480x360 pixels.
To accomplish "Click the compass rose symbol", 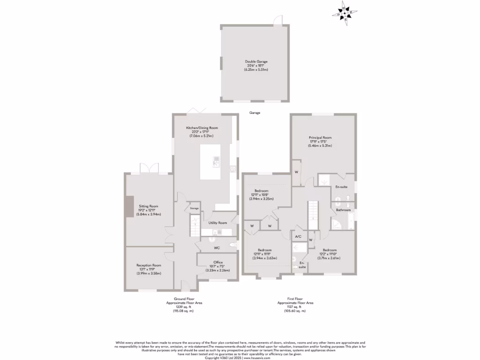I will pyautogui.click(x=345, y=14).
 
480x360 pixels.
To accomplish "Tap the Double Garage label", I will pyautogui.click(x=256, y=61).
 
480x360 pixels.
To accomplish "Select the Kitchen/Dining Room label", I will pyautogui.click(x=202, y=127).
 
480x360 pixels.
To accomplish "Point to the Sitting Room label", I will pyautogui.click(x=148, y=206).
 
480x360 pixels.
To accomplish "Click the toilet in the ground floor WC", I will pyautogui.click(x=233, y=245).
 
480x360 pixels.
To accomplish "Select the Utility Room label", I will pyautogui.click(x=218, y=223).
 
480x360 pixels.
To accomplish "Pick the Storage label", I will pyautogui.click(x=194, y=208).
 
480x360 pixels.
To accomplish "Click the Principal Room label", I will pyautogui.click(x=320, y=137).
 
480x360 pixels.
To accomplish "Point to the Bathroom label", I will pyautogui.click(x=343, y=210).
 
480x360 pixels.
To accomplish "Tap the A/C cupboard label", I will pyautogui.click(x=298, y=237).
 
